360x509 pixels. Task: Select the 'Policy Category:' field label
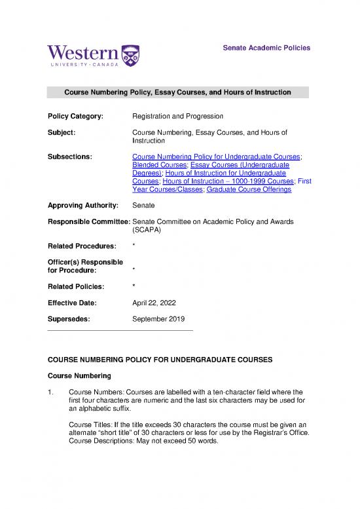[75, 116]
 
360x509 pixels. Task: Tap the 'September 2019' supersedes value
[158, 320]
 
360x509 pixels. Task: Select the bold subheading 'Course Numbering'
[80, 376]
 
